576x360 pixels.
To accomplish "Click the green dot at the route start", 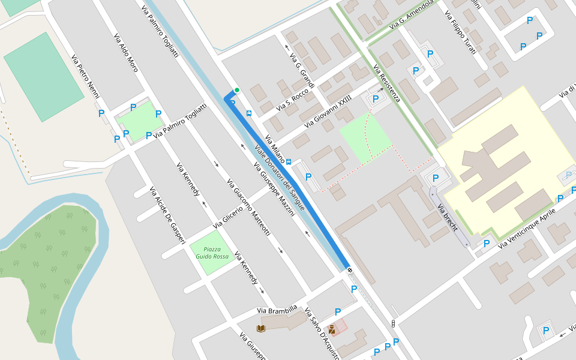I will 237,91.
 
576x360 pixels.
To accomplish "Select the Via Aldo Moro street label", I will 126,53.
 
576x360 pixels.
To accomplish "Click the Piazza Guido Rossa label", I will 209,253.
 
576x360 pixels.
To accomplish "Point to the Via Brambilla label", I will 277,310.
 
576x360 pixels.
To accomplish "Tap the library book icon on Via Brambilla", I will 260,328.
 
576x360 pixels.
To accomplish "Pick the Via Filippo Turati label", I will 460,32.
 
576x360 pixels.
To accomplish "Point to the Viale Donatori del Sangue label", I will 280,178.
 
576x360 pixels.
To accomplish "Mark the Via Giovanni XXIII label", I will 328,113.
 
